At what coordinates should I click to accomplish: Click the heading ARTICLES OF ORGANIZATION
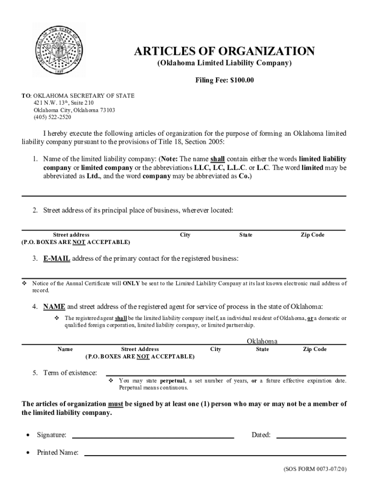tap(224, 51)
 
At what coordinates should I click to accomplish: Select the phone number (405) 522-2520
tap(52, 117)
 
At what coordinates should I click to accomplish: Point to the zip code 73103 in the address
tap(108, 110)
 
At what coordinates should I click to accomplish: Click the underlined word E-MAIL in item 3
tap(57, 258)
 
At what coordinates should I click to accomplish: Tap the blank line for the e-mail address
tap(184, 276)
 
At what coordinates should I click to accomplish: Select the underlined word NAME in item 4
tap(54, 306)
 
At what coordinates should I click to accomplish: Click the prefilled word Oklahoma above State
tap(262, 341)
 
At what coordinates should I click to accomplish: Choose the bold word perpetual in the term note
tap(173, 381)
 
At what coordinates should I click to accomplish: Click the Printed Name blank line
tap(215, 455)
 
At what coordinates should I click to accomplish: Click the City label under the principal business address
tap(185, 235)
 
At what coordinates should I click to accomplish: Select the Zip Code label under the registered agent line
tap(314, 349)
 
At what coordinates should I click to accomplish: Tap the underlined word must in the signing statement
tap(116, 404)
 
